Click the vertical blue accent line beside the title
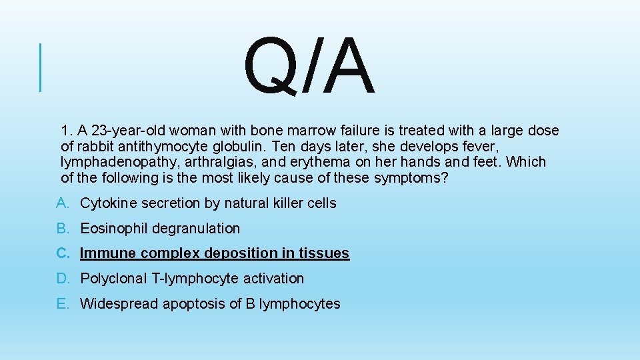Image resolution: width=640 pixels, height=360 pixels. pos(41,67)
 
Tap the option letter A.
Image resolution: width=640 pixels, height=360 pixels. pos(62,203)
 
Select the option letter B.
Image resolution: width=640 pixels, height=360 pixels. pos(62,228)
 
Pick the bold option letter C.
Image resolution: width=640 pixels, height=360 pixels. pos(62,253)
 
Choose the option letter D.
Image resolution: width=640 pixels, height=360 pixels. pos(62,279)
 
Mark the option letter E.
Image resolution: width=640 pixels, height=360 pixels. pos(62,304)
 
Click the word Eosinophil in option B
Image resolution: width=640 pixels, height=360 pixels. pos(115,228)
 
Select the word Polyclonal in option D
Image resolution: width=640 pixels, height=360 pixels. pos(111,279)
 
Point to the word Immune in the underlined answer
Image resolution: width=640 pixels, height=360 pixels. pos(107,253)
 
